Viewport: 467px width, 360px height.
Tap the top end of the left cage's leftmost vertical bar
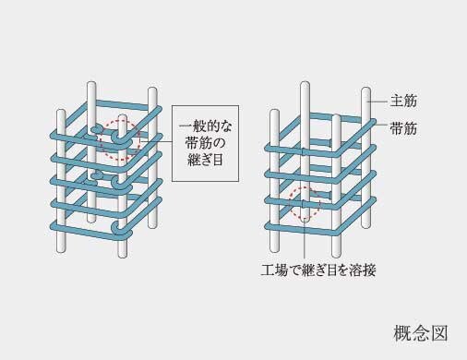pyautogui.click(x=61, y=114)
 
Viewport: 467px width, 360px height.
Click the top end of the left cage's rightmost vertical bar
pyautogui.click(x=152, y=93)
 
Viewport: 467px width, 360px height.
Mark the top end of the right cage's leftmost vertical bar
pyautogui.click(x=274, y=113)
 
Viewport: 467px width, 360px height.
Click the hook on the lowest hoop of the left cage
pyautogui.click(x=113, y=225)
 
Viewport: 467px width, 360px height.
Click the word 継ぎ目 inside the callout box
pyautogui.click(x=206, y=162)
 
